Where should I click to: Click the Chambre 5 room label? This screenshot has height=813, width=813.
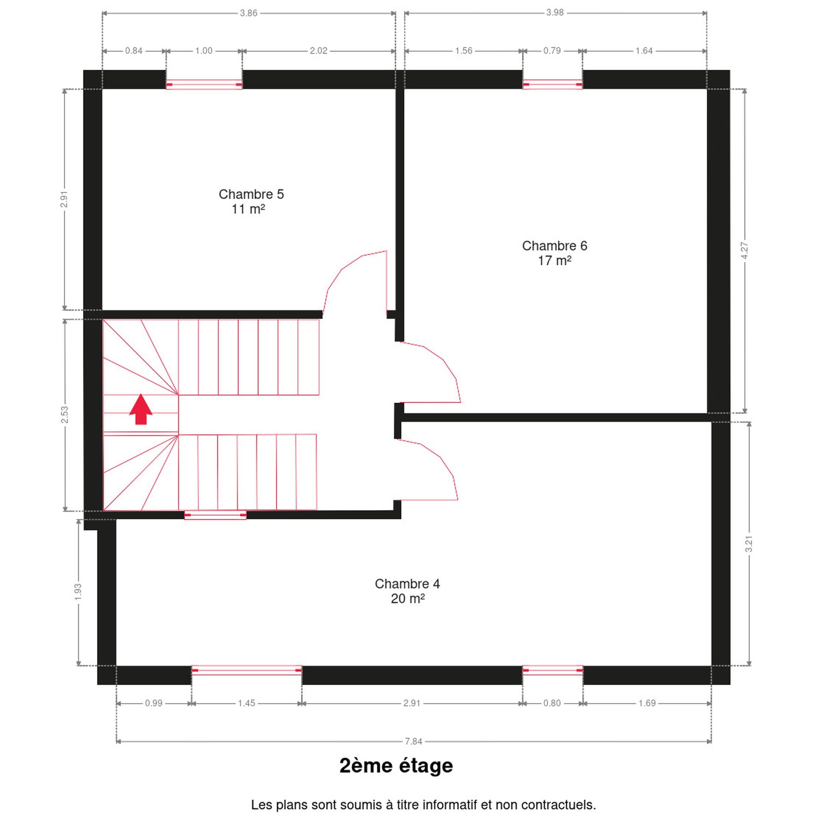click(x=251, y=201)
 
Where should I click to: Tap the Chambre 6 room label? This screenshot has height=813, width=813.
click(x=554, y=253)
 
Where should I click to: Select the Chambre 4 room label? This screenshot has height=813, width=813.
click(x=407, y=591)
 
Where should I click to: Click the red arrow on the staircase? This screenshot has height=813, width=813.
click(x=141, y=409)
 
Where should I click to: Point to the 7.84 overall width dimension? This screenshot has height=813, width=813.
click(x=413, y=741)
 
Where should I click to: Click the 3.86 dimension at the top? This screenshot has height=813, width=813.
click(x=249, y=13)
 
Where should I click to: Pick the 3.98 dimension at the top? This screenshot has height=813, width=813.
click(x=555, y=13)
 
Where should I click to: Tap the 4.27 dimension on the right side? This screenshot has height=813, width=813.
click(x=745, y=251)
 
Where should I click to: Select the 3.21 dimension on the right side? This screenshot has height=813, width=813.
click(x=749, y=544)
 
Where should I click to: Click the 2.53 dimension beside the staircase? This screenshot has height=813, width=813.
click(x=64, y=415)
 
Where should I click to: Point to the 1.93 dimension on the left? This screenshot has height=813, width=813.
click(x=78, y=592)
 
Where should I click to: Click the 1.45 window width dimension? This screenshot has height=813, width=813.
click(x=246, y=703)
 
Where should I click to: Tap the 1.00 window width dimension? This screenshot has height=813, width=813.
click(x=204, y=51)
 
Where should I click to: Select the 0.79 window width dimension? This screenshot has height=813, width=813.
click(x=552, y=51)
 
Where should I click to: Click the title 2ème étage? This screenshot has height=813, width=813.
click(x=396, y=765)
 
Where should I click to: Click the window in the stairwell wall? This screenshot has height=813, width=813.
click(x=215, y=515)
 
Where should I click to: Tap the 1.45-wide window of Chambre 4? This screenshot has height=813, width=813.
click(x=246, y=670)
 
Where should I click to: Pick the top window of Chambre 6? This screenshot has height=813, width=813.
click(x=552, y=85)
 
